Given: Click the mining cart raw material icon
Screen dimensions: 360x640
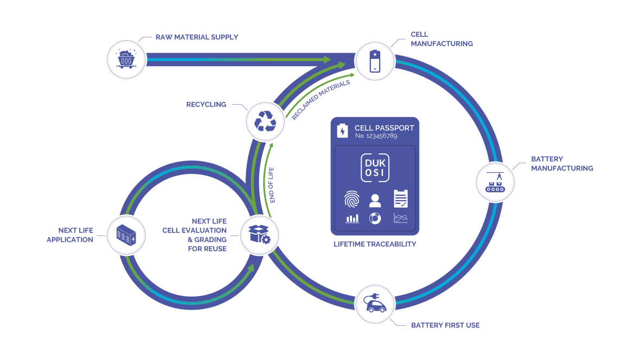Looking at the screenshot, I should [x=126, y=59].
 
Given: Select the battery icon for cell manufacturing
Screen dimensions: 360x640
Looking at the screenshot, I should [x=375, y=61].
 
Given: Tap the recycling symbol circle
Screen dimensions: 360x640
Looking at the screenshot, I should [x=265, y=121].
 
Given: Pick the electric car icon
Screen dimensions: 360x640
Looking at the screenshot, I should [x=375, y=304].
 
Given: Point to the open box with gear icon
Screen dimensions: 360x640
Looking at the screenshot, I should [x=259, y=235].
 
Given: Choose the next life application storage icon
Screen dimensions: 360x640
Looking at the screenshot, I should [x=126, y=235].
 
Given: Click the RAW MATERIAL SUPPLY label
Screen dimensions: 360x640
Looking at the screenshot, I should [x=197, y=37].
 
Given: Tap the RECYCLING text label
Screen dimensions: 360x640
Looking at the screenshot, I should [x=206, y=105].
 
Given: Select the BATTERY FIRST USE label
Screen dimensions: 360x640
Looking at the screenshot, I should [x=445, y=325].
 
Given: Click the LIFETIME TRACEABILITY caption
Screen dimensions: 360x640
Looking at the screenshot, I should [x=375, y=245].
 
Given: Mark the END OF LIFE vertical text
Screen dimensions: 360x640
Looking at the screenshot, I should [x=272, y=184].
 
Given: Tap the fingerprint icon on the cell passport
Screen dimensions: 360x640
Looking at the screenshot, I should [x=351, y=201].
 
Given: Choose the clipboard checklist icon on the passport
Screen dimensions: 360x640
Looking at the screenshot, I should [x=400, y=199].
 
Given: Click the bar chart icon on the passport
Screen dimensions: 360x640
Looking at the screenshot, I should [x=351, y=218].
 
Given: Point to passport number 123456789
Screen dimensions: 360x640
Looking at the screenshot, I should [x=376, y=136].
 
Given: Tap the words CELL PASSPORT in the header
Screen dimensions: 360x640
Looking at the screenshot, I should [x=384, y=128].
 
